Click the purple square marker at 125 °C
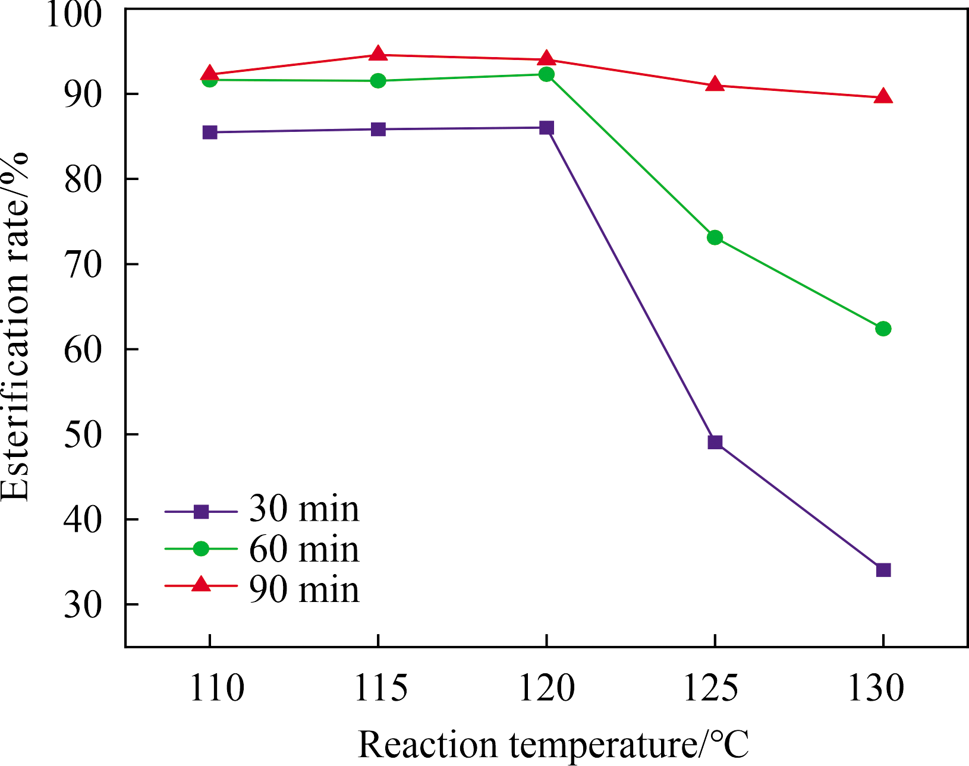715,442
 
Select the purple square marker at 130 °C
883,570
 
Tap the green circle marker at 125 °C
715,238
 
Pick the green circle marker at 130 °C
883,329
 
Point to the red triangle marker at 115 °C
378,54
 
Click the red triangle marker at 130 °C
883,96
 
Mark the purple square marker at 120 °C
546,128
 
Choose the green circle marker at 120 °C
546,74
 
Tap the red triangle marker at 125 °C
715,84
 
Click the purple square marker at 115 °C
378,130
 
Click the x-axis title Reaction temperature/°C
553,745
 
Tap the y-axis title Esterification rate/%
15,327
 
